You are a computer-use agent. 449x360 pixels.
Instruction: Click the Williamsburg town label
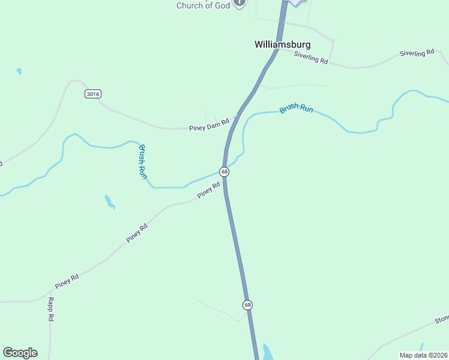[282, 44]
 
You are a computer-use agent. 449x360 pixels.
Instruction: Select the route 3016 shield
[92, 94]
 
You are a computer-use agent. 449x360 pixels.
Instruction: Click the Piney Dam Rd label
[209, 125]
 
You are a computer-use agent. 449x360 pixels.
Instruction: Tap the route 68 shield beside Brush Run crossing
[224, 172]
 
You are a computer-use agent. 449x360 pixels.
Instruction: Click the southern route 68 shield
[247, 305]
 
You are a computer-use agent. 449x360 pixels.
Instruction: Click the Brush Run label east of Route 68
[296, 110]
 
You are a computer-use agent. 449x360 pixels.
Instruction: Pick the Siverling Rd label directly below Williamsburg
[312, 58]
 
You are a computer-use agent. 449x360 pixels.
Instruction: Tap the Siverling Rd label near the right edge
[417, 53]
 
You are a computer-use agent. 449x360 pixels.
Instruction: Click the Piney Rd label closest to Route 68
[209, 191]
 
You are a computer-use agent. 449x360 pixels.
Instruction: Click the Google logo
[20, 353]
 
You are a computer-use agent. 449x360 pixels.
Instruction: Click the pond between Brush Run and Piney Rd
[109, 202]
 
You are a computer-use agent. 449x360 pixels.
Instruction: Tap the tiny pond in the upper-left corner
[19, 71]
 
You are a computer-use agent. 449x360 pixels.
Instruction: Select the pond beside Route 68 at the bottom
[268, 352]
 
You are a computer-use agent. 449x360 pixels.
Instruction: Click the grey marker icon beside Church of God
[240, 3]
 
